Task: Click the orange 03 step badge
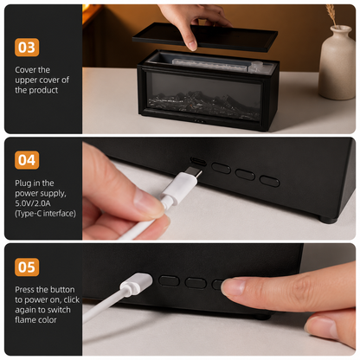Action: click(27, 48)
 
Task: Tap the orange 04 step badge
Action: click(27, 160)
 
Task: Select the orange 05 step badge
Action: click(27, 267)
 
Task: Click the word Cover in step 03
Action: click(25, 70)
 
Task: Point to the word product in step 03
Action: click(43, 90)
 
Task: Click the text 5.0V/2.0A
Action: click(33, 203)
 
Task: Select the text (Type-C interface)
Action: click(45, 214)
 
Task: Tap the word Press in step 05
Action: click(25, 289)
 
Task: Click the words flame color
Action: click(35, 319)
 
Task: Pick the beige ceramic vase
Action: click(337, 62)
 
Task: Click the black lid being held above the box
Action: click(205, 37)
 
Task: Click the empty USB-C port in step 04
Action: click(198, 161)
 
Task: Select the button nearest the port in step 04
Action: click(221, 168)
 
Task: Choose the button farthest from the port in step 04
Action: click(269, 181)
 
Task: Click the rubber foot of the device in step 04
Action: click(328, 219)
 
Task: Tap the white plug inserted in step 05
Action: click(136, 283)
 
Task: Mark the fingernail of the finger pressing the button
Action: click(232, 287)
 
